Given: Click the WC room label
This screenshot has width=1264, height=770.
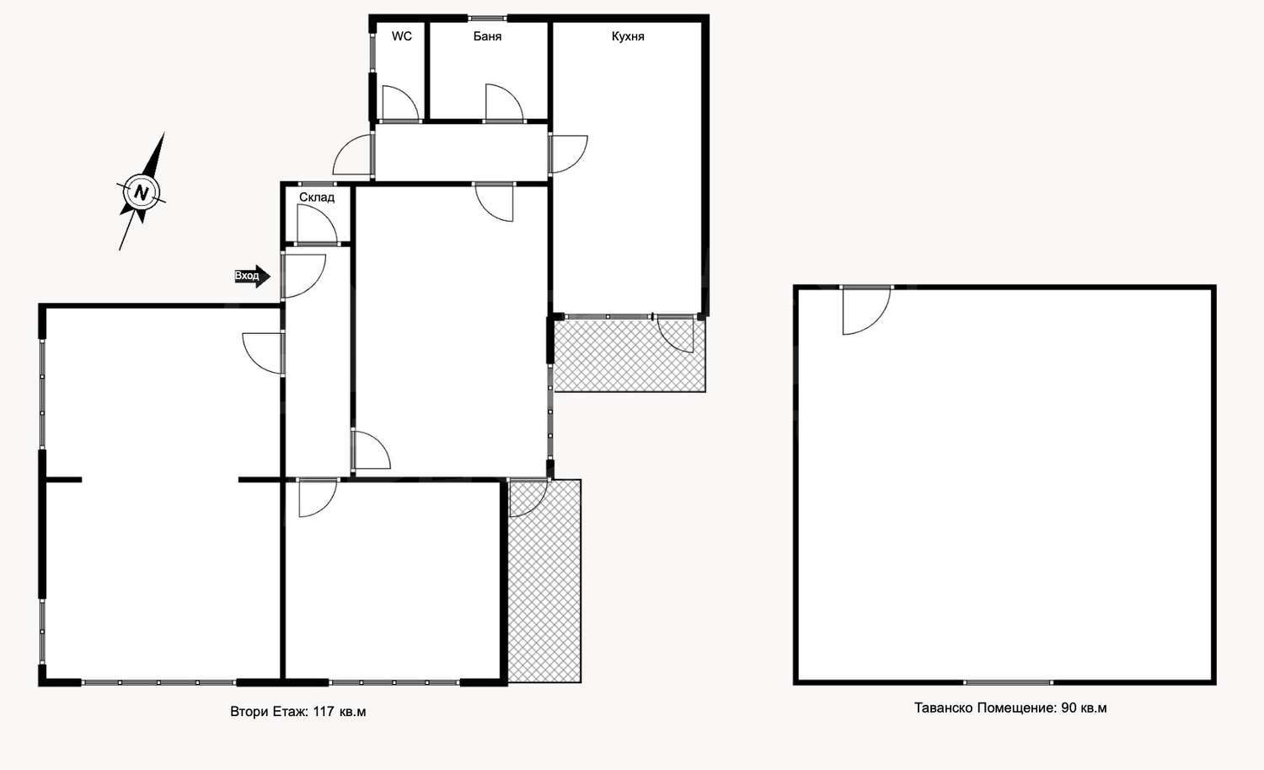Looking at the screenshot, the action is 402,36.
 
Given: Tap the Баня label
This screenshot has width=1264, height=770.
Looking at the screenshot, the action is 488,37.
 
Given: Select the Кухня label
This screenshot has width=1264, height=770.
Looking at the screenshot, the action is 628,37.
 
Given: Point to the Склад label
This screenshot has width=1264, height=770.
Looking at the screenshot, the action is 317,197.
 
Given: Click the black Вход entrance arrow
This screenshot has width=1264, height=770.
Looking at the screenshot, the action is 252,277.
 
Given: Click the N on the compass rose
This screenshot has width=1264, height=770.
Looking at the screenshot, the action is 142,192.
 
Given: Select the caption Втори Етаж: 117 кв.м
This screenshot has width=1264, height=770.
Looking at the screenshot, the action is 298,711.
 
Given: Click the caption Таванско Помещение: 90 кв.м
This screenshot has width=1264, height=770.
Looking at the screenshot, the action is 1010,708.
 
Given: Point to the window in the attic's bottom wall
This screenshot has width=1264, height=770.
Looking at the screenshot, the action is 1008,682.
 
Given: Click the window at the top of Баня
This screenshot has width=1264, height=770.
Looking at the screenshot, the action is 487,18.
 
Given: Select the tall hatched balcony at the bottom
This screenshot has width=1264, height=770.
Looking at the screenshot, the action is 544,581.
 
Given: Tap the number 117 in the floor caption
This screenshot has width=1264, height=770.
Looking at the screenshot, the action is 324,711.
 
